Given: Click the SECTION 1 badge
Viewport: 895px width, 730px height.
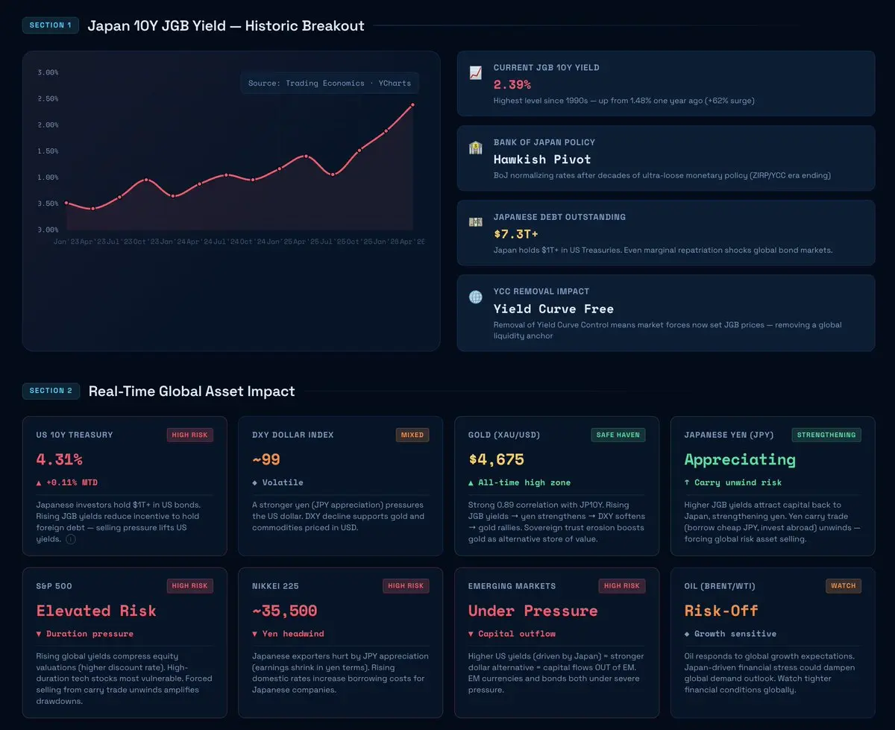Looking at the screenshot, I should tap(51, 25).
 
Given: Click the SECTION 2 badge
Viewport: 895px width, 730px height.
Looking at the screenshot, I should tap(51, 391).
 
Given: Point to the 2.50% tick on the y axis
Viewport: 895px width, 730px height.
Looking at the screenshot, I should tap(48, 99).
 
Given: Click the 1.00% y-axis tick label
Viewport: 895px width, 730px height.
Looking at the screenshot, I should tap(48, 177).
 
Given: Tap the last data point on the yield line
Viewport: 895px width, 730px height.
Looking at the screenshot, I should tap(412, 105).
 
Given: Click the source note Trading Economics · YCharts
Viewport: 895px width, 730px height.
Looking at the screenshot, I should tap(330, 84).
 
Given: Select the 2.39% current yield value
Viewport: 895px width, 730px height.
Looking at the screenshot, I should tap(512, 84).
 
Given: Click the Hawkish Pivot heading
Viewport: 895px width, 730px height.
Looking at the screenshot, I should tap(542, 160).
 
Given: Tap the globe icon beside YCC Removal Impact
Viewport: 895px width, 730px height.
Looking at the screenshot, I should tap(475, 297).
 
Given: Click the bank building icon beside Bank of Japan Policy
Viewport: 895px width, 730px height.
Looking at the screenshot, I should tap(475, 148).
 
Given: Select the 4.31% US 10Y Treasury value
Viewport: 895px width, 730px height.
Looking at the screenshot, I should tap(59, 459).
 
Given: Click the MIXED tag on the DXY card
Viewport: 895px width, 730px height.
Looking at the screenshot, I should tap(412, 435).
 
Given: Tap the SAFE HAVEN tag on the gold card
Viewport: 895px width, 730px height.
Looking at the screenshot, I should tap(618, 435).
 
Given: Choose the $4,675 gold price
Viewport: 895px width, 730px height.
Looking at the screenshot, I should tap(496, 459).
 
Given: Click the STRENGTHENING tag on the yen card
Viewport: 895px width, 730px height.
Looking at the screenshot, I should tap(826, 435).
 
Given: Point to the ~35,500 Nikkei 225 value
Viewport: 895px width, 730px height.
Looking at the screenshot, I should tap(284, 611).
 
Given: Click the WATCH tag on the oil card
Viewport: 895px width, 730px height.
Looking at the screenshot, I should tap(843, 586).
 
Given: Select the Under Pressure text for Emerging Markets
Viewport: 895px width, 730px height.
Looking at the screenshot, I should tap(533, 611).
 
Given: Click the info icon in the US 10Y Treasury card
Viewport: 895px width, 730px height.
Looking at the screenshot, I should tap(71, 539).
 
